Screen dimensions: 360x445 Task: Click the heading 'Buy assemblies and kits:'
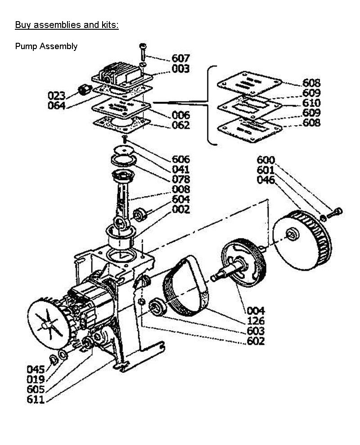(x=67, y=25)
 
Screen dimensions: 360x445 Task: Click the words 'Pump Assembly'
(x=46, y=46)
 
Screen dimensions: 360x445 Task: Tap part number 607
(x=180, y=58)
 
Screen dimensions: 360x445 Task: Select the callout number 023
(x=57, y=95)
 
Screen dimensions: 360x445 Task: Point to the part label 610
(x=311, y=103)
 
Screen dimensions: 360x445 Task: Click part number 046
(x=266, y=180)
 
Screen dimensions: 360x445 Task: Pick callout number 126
(x=256, y=321)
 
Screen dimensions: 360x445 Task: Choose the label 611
(x=36, y=400)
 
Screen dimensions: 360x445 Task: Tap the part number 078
(x=181, y=179)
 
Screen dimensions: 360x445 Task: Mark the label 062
(x=181, y=125)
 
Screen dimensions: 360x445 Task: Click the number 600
(x=266, y=160)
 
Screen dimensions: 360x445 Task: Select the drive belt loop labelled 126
(x=186, y=286)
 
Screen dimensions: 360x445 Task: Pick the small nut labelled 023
(x=84, y=90)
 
